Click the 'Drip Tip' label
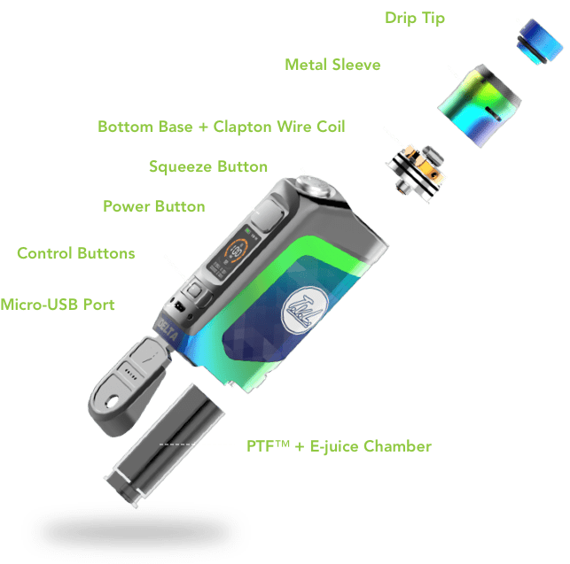[415, 19]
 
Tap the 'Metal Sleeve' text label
[332, 65]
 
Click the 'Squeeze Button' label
[208, 166]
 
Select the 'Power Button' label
[154, 206]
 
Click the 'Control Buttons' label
[76, 253]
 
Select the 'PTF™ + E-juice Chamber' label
[339, 445]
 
